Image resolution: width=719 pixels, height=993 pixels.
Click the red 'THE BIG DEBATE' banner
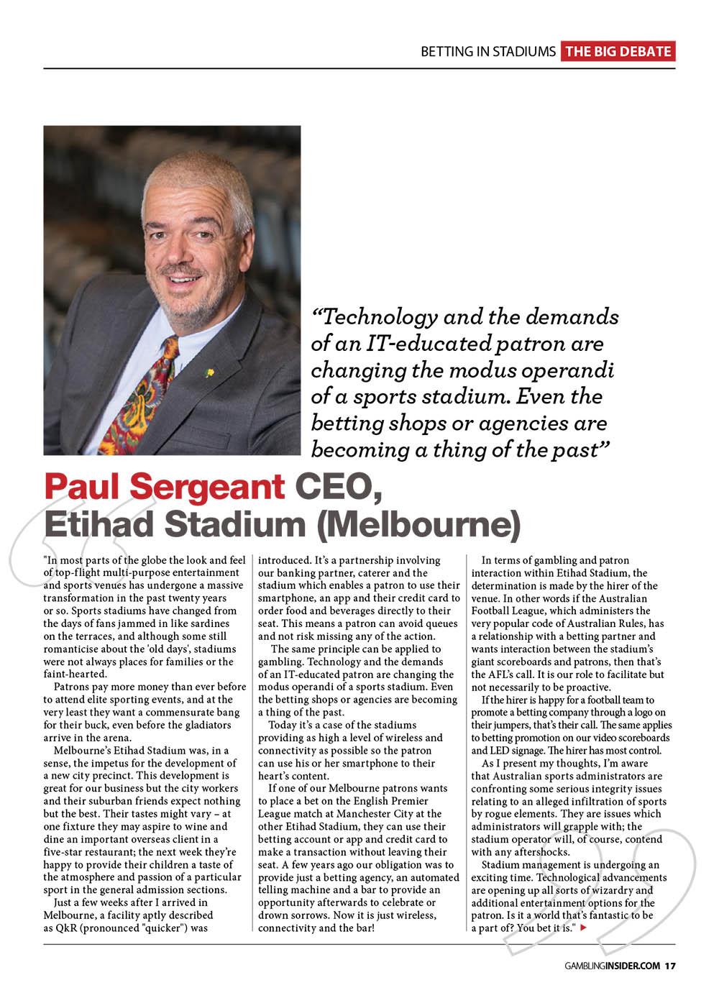[618, 52]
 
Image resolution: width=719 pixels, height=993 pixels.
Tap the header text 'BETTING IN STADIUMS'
[487, 52]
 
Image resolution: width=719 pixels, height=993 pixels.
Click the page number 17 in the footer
[669, 966]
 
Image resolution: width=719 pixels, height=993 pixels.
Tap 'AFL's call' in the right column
[498, 674]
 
